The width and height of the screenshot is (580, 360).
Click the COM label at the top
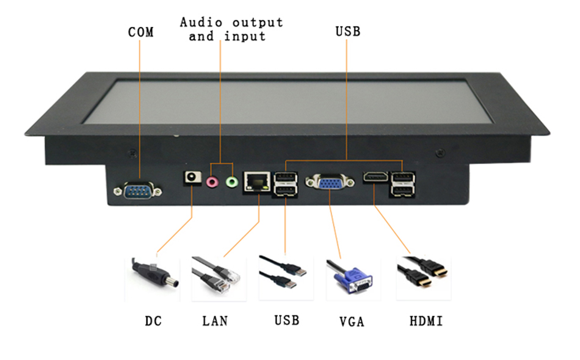point(140,32)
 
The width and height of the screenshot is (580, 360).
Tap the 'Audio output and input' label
point(231,29)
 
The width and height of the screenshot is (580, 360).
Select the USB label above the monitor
point(347,31)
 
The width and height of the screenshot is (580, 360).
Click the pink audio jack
point(212,181)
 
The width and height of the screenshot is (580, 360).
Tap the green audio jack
point(231,181)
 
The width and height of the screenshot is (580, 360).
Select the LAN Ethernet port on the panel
point(256,181)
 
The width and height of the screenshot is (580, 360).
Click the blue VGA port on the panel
point(330,182)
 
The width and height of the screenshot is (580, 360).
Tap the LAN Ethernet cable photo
point(217,278)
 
